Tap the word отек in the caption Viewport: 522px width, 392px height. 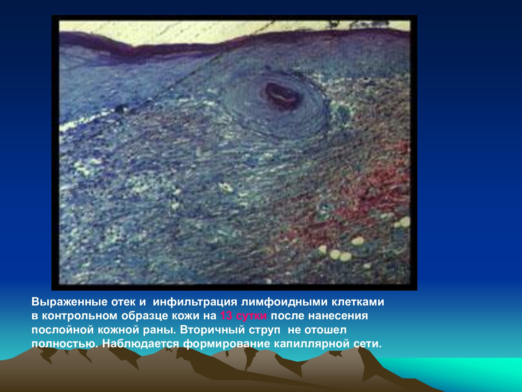pos(123,302)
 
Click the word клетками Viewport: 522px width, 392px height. pos(358,302)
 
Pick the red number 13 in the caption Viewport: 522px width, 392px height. pos(226,316)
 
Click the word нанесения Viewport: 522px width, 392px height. pos(338,316)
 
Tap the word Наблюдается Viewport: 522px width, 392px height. pos(141,344)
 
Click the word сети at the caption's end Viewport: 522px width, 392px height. pos(367,344)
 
